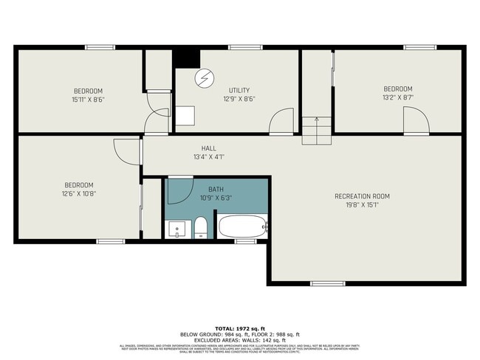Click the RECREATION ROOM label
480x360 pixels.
point(362,196)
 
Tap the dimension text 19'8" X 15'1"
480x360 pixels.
point(362,206)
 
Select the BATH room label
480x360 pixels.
point(216,190)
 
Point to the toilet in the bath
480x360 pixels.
point(200,228)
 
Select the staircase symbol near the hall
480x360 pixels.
point(318,131)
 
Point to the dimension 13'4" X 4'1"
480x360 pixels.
point(208,157)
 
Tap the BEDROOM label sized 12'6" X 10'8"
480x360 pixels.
point(79,185)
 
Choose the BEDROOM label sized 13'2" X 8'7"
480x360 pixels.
point(397,89)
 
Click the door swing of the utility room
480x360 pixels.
point(282,122)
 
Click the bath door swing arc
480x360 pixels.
point(179,191)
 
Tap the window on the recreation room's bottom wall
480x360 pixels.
point(327,283)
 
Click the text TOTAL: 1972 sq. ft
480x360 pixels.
point(240,328)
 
